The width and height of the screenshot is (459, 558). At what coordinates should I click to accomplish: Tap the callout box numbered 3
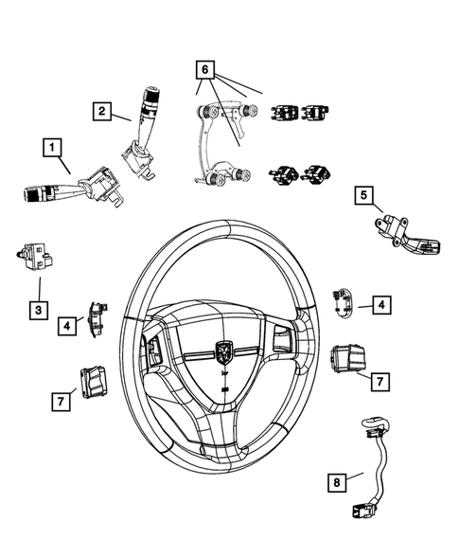coord(38,310)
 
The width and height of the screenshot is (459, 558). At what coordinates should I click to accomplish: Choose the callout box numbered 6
coord(206,68)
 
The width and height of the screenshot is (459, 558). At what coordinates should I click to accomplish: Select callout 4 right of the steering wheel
coord(380,305)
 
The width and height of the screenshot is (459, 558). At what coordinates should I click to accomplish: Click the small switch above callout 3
coord(36,255)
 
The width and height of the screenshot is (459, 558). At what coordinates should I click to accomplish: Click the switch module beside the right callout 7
coord(346,360)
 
